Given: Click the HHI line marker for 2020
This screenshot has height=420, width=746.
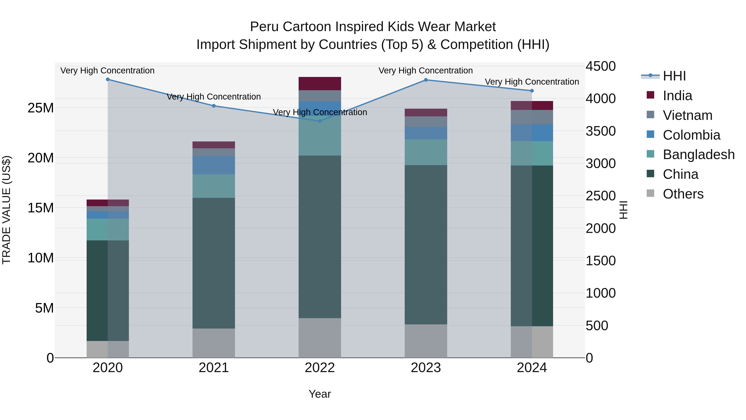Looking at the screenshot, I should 108,79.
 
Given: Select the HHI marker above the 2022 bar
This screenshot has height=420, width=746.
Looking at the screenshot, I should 320,121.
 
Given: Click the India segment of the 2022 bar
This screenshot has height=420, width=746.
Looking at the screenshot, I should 320,84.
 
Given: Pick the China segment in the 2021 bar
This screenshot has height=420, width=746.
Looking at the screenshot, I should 214,263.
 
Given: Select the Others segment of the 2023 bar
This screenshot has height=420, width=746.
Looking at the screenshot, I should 426,341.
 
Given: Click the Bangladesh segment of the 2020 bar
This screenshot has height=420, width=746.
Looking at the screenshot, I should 108,230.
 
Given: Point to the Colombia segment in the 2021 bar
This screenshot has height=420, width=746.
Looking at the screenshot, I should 214,165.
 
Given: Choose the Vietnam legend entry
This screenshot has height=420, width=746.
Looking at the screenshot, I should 687,115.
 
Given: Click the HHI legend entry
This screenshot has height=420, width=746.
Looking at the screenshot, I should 674,76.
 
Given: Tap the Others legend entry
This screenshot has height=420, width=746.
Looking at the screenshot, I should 683,194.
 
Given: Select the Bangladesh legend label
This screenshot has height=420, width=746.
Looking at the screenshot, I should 699,155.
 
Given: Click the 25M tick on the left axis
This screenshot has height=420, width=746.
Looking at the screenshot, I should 41,108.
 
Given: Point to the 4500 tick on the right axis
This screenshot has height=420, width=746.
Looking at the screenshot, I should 601,66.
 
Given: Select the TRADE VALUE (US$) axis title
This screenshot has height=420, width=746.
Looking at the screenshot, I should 6,210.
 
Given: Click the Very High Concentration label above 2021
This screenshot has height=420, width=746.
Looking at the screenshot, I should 214,97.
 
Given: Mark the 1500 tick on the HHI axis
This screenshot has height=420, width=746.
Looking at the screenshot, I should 601,261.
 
